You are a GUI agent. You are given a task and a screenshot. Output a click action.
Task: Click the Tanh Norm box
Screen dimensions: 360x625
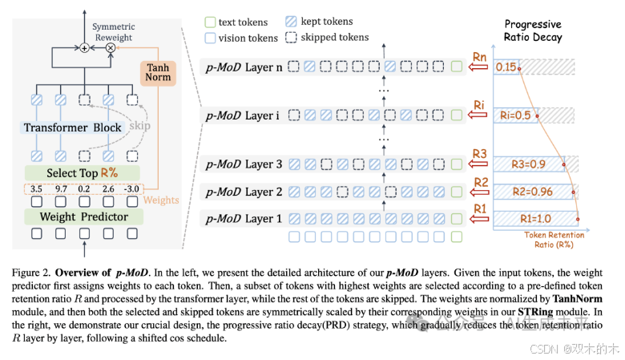click(157, 74)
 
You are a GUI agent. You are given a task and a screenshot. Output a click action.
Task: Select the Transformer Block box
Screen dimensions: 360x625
click(73, 127)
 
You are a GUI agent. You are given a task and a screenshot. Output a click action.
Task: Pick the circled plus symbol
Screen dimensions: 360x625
click(84, 48)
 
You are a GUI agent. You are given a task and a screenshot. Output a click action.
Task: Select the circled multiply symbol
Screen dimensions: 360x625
click(110, 48)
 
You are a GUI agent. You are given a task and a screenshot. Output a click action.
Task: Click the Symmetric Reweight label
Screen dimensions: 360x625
click(114, 32)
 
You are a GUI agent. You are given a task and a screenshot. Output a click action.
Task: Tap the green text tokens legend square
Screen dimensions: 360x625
click(210, 22)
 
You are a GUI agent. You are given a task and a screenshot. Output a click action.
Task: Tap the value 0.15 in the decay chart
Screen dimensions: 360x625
click(506, 67)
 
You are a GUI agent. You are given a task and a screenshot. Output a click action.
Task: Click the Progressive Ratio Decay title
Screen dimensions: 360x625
click(533, 30)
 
